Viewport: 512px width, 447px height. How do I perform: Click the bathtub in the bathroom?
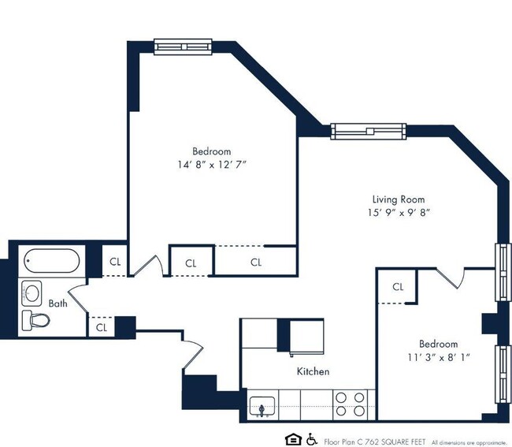(51, 260)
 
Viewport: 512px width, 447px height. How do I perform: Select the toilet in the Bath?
(35, 319)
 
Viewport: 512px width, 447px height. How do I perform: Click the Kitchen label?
(313, 371)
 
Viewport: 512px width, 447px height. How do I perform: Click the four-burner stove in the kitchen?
(351, 404)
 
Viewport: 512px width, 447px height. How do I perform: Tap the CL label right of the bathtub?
(115, 261)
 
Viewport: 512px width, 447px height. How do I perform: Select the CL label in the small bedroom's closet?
(398, 287)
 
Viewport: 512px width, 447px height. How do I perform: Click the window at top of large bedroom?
(183, 47)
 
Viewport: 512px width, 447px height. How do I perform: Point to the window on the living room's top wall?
(367, 131)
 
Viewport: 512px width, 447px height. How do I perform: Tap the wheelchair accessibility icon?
(311, 438)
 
